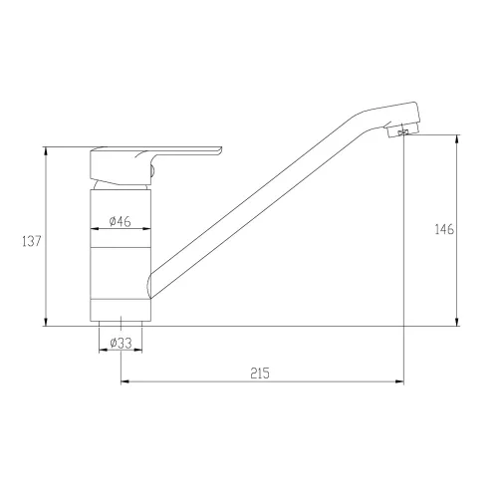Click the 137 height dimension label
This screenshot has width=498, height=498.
32,241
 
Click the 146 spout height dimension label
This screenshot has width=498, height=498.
444,229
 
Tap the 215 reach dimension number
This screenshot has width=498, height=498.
260,373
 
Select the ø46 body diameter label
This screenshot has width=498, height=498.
121,221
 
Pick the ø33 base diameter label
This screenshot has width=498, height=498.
121,343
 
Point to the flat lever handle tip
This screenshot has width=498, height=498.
219,150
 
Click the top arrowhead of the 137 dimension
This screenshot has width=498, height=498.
46,150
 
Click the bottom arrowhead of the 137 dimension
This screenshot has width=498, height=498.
46,322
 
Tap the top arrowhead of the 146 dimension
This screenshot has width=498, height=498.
457,138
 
